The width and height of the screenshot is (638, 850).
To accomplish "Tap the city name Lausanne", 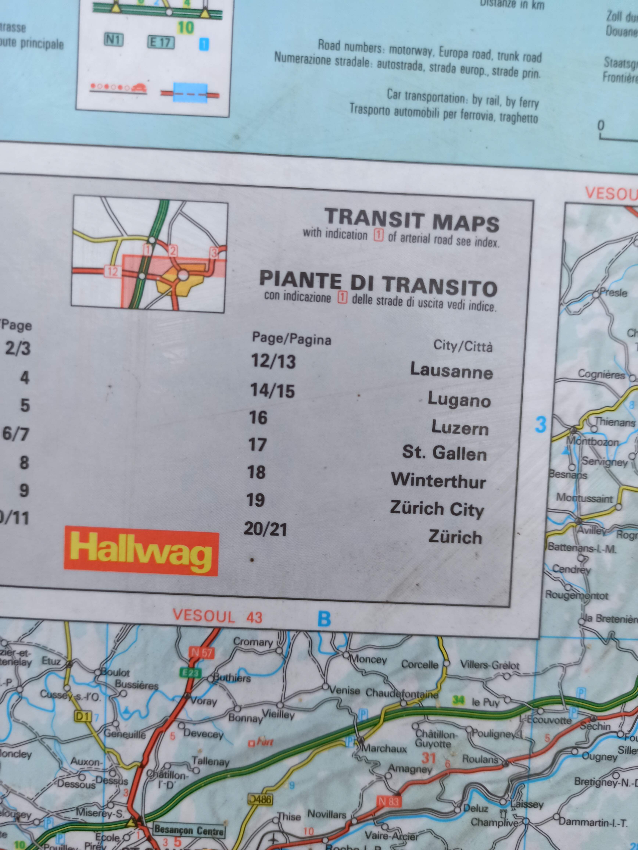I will [x=451, y=370].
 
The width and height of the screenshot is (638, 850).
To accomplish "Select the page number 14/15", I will [x=272, y=390].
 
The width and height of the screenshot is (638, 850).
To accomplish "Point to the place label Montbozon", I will [x=592, y=442].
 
